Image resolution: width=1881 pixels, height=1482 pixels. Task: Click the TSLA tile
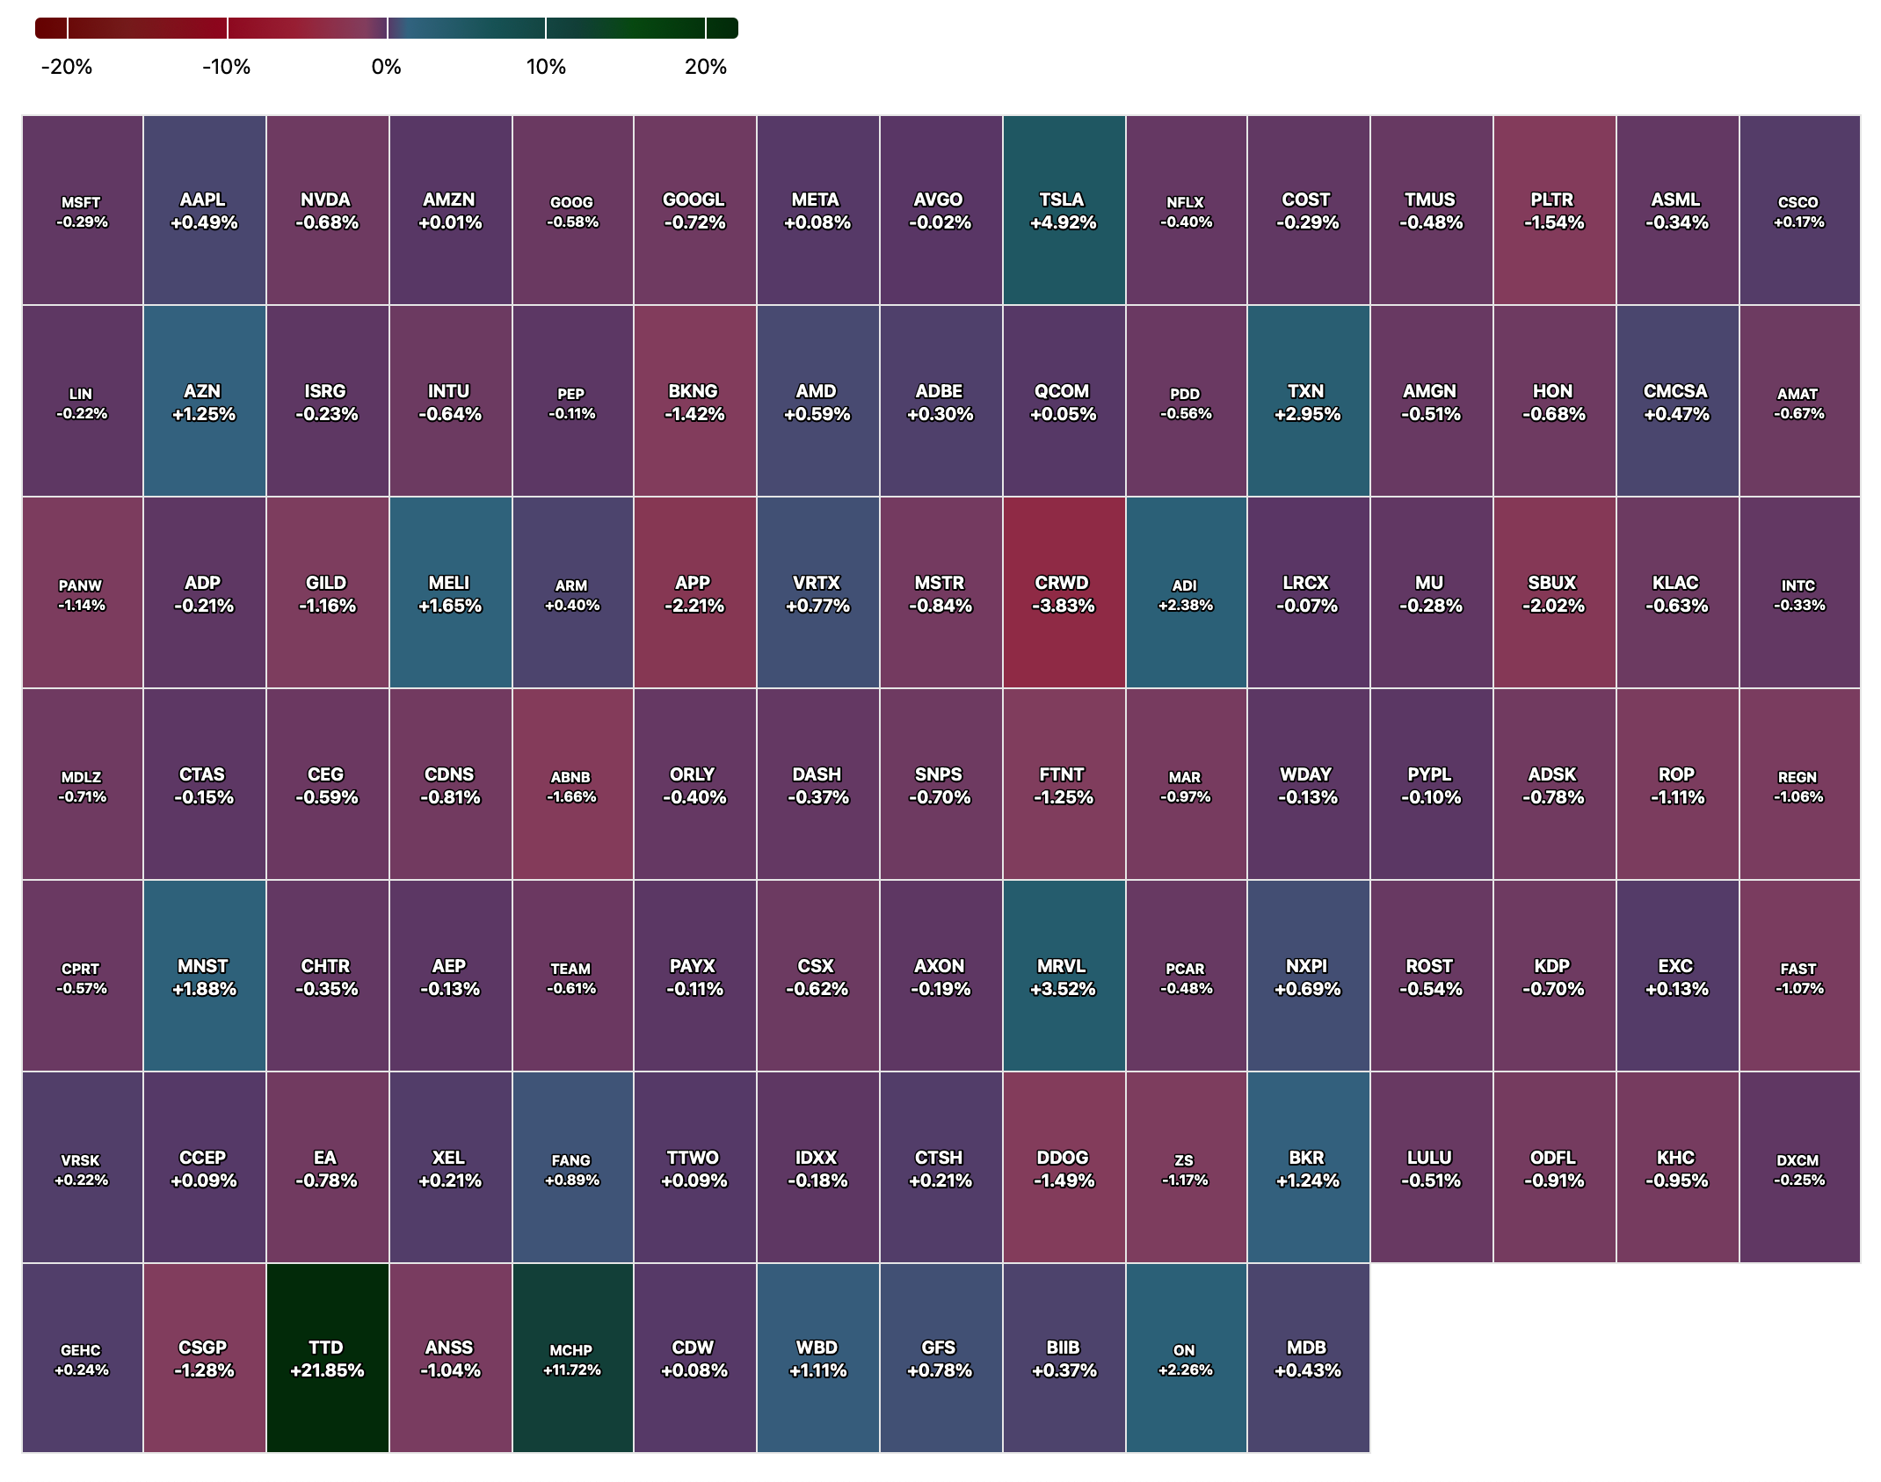tap(1064, 211)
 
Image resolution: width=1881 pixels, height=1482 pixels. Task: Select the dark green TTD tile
tap(327, 1358)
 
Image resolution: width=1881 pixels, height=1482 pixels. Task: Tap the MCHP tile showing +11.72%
tap(572, 1358)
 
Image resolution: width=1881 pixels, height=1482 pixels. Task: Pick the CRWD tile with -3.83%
tap(1064, 593)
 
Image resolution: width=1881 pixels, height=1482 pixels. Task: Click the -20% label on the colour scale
tap(67, 67)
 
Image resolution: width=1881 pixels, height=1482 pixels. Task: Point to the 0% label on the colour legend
tap(386, 67)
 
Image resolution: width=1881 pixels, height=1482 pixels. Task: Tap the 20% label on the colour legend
tap(706, 67)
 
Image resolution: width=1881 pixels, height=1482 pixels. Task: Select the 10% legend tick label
tap(546, 67)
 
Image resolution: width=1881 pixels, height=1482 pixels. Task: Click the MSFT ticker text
tap(81, 202)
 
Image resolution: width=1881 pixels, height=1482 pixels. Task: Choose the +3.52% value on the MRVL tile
tap(1063, 989)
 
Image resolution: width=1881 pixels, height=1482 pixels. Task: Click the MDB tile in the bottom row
tap(1308, 1358)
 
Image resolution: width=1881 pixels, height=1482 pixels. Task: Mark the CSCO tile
tap(1799, 211)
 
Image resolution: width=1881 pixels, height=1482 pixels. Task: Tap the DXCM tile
tap(1799, 1167)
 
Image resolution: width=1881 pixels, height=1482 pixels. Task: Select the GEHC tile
tap(82, 1358)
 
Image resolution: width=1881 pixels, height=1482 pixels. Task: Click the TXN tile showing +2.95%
tap(1308, 402)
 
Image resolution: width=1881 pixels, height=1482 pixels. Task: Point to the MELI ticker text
tap(449, 583)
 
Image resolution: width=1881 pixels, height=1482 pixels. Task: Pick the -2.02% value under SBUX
tap(1553, 606)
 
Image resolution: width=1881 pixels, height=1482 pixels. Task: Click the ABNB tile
tap(572, 785)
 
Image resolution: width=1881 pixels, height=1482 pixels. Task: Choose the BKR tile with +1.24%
tap(1308, 1167)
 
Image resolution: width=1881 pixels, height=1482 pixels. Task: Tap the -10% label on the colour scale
tap(227, 67)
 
